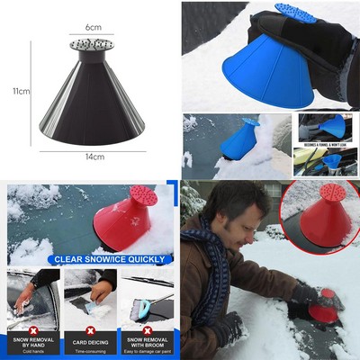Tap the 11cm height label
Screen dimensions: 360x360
click(x=21, y=91)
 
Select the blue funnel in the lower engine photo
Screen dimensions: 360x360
click(x=332, y=162)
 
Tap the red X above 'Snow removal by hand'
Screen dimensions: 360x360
click(x=31, y=316)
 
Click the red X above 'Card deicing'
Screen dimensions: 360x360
click(x=90, y=316)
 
